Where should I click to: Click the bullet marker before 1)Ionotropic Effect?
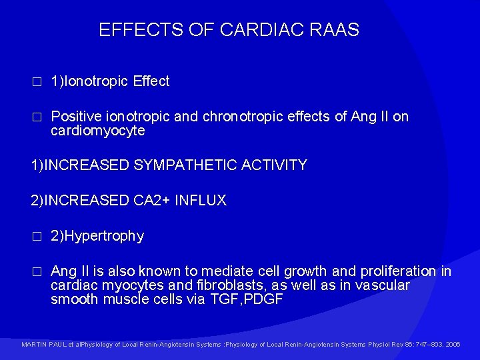(x=37, y=82)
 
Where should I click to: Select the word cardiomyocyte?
(x=97, y=131)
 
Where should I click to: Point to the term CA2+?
(x=151, y=201)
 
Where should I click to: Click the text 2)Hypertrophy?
(x=97, y=236)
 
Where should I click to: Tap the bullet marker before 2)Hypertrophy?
(x=37, y=237)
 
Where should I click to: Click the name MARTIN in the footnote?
(x=33, y=345)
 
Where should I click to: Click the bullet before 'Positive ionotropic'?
(x=37, y=117)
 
